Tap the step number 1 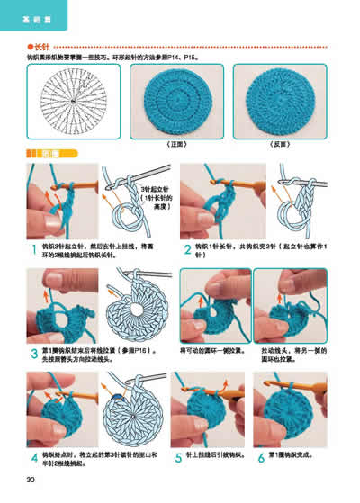33,248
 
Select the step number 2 186,248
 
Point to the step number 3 33,352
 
